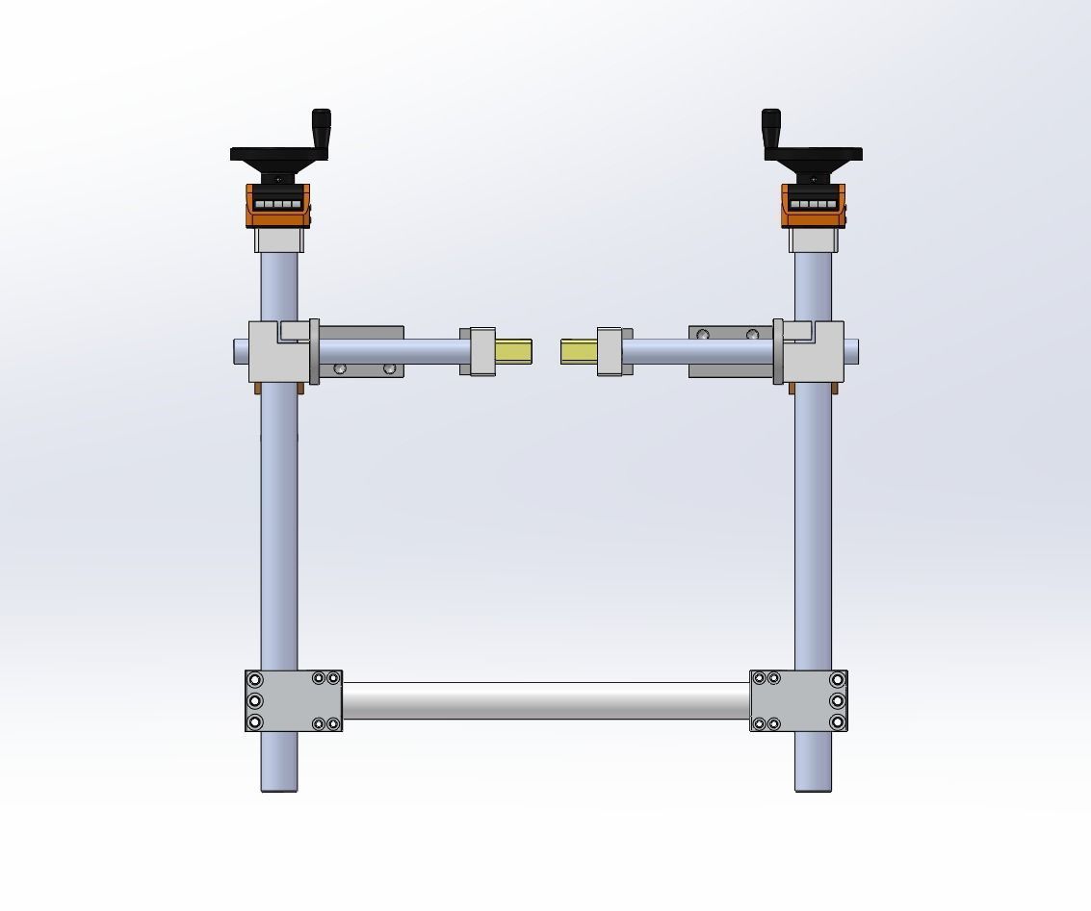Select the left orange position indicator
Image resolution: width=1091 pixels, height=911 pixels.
click(278, 205)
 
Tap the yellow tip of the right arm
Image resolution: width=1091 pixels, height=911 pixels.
click(579, 351)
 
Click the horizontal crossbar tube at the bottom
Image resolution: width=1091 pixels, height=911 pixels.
click(546, 700)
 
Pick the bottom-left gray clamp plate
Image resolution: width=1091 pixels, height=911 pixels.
click(289, 700)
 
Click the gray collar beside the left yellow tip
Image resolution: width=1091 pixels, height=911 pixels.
click(478, 351)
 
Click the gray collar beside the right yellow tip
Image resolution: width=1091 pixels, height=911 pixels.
click(613, 351)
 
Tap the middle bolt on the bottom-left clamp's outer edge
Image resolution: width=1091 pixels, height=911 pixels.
click(255, 700)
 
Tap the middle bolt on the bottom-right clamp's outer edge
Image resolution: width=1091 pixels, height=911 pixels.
click(837, 700)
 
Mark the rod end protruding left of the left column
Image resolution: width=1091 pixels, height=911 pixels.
click(241, 351)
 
